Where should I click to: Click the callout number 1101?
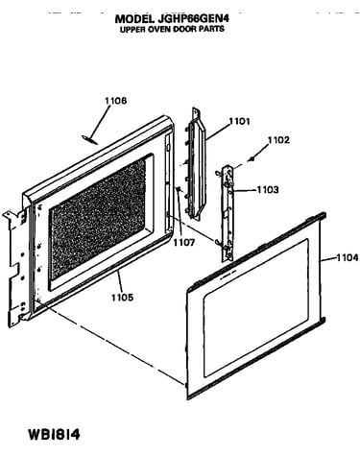point(239,122)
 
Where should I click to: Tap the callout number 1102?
point(278,140)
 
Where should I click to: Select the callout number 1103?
point(268,190)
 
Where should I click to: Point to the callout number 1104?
point(348,257)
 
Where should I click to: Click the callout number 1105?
point(122,298)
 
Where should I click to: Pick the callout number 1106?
point(116,101)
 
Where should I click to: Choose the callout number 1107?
point(183,243)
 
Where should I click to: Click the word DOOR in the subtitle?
point(184,29)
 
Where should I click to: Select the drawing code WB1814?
point(55,435)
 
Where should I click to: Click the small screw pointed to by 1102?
point(253,158)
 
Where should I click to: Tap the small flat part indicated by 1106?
point(89,139)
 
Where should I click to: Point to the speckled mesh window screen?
point(98,220)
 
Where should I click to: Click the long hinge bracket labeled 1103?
point(228,214)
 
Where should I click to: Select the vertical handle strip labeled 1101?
point(195,164)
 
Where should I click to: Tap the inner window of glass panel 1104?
point(256,307)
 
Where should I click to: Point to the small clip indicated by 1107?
point(180,190)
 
